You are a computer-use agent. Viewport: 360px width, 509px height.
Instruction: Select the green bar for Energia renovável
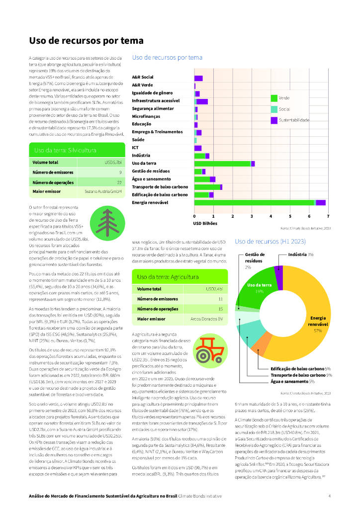pyautogui.click(x=255, y=202)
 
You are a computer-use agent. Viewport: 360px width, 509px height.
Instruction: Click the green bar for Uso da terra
pyautogui.click(x=222, y=164)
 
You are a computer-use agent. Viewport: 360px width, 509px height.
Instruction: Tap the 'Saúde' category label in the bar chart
pyautogui.click(x=138, y=140)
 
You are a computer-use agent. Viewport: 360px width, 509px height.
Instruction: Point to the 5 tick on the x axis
pyautogui.click(x=290, y=216)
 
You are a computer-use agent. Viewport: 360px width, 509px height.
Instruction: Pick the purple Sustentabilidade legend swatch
pyautogui.click(x=274, y=120)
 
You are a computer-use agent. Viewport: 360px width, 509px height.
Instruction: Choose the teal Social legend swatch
pyautogui.click(x=274, y=109)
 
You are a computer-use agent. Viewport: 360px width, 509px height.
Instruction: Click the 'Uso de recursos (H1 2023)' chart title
pyautogui.click(x=270, y=241)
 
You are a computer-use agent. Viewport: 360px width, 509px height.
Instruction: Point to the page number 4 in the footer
pyautogui.click(x=329, y=496)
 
